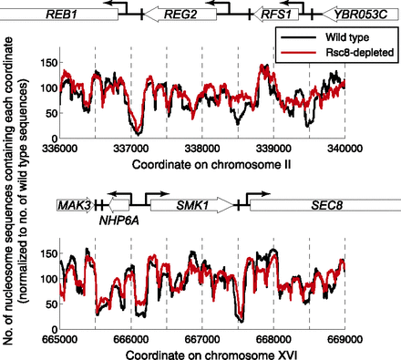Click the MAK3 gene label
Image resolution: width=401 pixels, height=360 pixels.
(72, 206)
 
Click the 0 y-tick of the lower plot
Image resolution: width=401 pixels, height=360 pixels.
(50, 328)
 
